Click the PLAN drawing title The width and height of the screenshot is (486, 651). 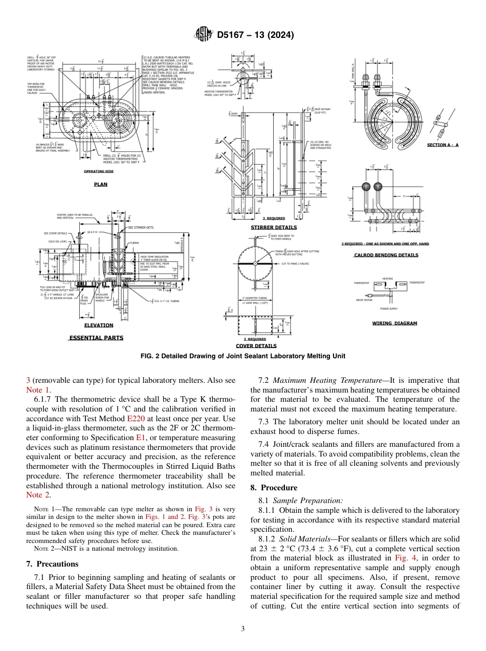[x=100, y=184]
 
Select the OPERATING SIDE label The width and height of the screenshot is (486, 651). [x=99, y=171]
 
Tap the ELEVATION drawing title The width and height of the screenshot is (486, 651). [x=99, y=325]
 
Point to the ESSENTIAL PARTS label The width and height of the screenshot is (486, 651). [x=96, y=338]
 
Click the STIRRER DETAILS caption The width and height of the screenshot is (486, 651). [x=273, y=227]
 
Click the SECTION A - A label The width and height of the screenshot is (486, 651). [x=443, y=145]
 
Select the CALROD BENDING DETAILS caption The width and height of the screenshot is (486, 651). [x=386, y=255]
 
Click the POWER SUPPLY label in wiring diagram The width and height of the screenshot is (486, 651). [x=389, y=309]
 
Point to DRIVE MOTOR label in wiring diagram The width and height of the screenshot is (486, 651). [x=364, y=300]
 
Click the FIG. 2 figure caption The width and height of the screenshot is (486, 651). [x=242, y=356]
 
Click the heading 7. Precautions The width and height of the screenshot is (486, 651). [x=52, y=563]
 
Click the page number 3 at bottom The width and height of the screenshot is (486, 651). [x=243, y=628]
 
